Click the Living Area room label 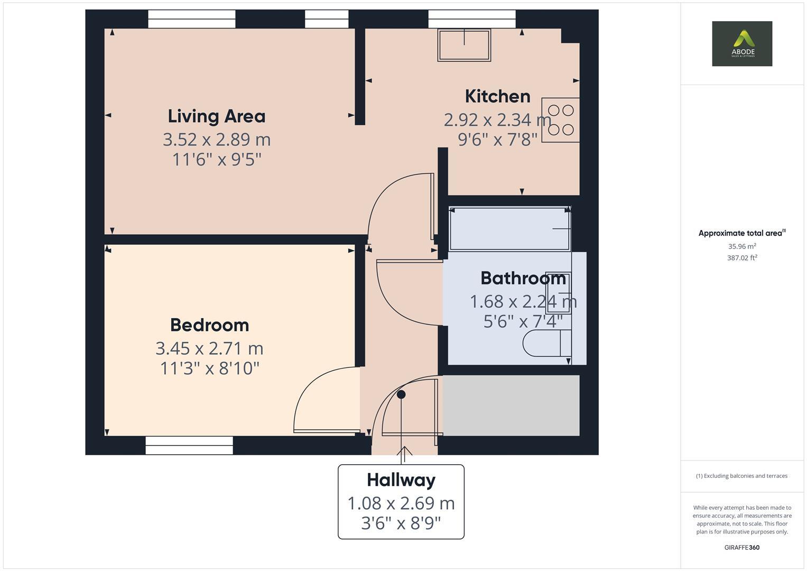[217, 116]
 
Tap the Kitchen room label [497, 96]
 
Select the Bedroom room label [209, 325]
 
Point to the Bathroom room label [523, 278]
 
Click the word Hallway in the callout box [401, 480]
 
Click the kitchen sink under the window [464, 45]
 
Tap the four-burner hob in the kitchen [561, 120]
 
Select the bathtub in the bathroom [509, 228]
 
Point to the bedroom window [189, 445]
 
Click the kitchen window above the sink [471, 19]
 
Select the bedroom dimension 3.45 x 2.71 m [209, 348]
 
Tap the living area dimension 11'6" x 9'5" [217, 160]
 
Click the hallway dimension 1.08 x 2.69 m [401, 503]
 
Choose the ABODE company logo [742, 44]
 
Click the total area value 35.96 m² [742, 246]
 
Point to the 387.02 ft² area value [742, 258]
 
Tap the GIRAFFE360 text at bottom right [742, 547]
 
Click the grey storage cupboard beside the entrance [511, 406]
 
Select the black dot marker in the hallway [401, 394]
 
